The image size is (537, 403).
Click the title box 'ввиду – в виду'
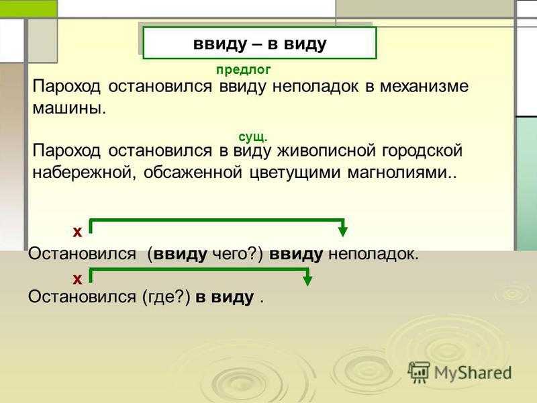(259, 44)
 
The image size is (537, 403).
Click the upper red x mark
(77, 232)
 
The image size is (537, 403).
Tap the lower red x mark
(77, 277)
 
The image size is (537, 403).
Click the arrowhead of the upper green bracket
(343, 232)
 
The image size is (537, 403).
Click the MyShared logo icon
(420, 371)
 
